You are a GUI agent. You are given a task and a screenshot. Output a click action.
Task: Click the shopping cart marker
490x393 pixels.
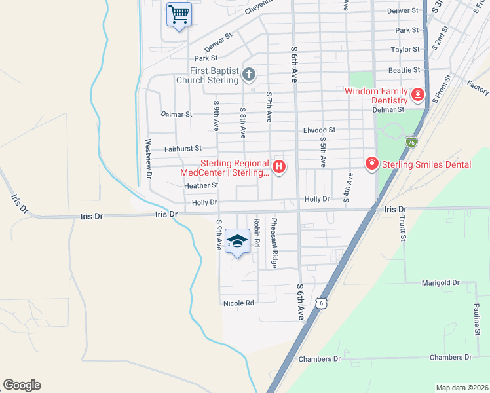[179, 14]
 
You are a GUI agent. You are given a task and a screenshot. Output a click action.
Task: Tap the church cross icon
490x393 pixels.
[249, 74]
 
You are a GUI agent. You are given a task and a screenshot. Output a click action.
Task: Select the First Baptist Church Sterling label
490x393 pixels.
[207, 75]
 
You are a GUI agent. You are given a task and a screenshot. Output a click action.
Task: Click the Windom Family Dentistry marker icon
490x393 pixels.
[417, 96]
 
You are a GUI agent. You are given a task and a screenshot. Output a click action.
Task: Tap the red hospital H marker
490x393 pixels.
[280, 168]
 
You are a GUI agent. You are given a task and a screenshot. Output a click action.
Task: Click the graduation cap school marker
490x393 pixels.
[237, 241]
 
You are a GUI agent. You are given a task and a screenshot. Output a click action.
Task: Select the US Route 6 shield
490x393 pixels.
[320, 302]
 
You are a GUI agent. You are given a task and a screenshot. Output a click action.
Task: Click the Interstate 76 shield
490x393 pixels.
[411, 141]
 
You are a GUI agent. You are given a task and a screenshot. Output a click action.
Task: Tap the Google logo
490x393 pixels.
[22, 385]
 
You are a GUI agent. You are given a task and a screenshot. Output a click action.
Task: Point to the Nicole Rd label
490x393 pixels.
[238, 303]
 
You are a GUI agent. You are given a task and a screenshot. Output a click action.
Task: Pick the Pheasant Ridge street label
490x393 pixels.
[275, 242]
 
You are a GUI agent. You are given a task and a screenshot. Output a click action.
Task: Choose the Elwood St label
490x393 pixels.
[319, 130]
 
